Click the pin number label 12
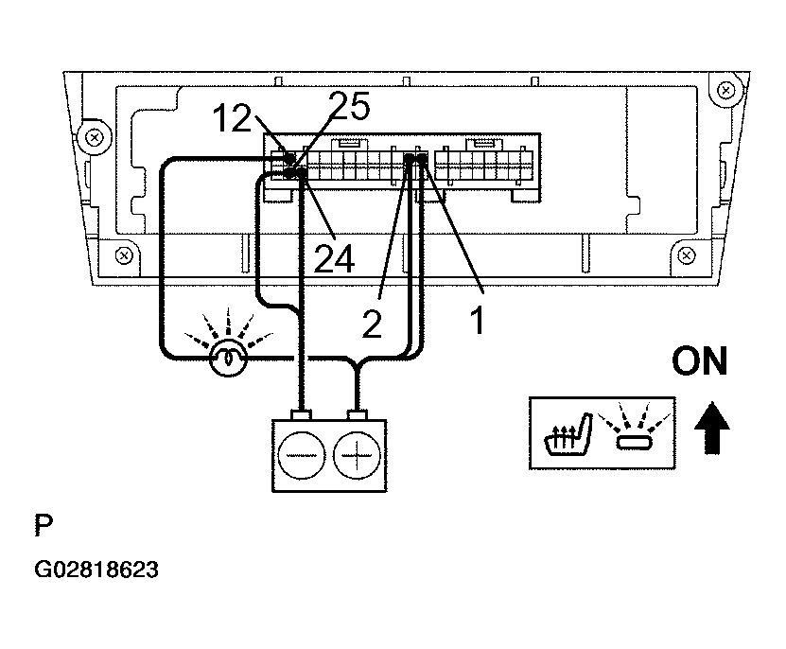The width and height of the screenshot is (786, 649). click(x=232, y=119)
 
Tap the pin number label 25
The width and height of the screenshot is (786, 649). click(x=350, y=106)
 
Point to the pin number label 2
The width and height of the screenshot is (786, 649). click(x=372, y=324)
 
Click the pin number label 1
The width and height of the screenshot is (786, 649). click(x=478, y=321)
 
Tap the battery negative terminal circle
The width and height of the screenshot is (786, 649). click(x=302, y=456)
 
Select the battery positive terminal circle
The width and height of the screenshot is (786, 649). click(x=357, y=456)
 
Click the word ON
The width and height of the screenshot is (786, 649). click(x=699, y=361)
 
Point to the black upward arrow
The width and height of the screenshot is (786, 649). click(x=712, y=428)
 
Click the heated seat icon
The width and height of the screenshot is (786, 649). click(x=568, y=434)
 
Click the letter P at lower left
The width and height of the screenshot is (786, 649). click(x=44, y=525)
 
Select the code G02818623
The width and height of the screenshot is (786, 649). click(x=96, y=570)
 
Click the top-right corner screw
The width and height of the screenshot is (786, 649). click(x=725, y=91)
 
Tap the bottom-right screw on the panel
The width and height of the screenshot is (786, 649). click(x=687, y=255)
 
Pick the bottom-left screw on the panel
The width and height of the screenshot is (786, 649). click(x=124, y=255)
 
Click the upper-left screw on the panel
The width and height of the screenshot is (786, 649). click(x=95, y=137)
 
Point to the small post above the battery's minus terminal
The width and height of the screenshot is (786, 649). click(x=301, y=415)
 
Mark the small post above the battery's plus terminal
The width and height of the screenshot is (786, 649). click(x=357, y=415)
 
